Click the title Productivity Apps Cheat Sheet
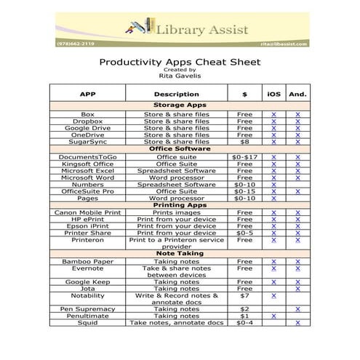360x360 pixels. (x=179, y=63)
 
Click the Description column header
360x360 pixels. (x=177, y=94)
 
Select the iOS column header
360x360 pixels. (x=273, y=94)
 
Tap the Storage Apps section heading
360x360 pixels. (x=179, y=106)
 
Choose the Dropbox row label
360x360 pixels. (x=87, y=121)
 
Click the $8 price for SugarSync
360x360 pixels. (x=244, y=142)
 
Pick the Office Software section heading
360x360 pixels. (x=179, y=149)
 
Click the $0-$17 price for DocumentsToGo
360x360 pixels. (x=244, y=156)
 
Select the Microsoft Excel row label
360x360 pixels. (x=87, y=170)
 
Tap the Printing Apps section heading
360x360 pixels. (x=179, y=205)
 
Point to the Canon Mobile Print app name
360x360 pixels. (x=87, y=212)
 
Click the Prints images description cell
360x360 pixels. (x=177, y=212)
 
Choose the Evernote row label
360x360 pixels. (x=87, y=268)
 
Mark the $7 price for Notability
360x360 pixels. (x=244, y=296)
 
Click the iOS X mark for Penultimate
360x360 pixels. (x=273, y=316)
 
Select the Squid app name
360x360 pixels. (x=87, y=323)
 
